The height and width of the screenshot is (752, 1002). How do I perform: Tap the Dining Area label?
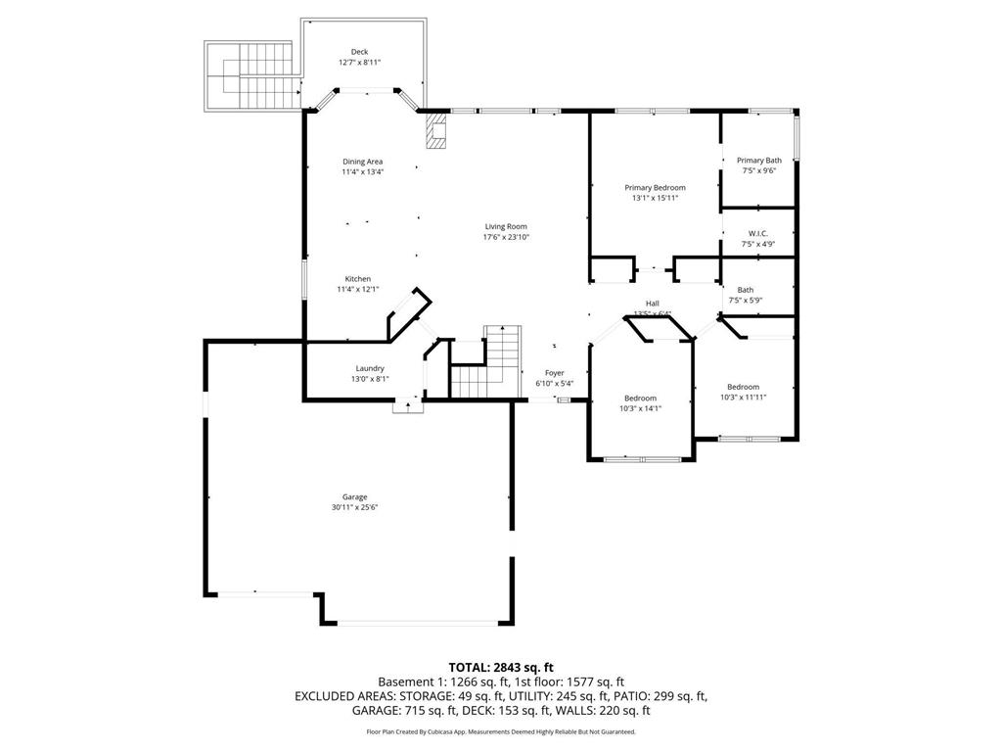362,162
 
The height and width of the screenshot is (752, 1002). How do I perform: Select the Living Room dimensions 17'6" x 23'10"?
505,237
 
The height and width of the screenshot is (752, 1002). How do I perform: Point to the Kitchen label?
357,279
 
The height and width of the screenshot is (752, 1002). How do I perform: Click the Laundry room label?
370,368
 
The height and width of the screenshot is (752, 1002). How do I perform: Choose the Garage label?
354,496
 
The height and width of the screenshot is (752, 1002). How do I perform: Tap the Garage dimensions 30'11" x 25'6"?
354,507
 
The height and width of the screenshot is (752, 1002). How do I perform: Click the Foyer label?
554,373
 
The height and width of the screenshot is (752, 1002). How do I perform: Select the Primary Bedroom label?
655,187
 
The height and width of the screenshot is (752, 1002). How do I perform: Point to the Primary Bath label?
759,161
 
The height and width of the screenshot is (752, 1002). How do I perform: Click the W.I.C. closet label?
758,233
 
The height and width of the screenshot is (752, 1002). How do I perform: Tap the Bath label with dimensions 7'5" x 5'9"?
746,290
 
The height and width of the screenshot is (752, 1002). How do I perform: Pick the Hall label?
652,304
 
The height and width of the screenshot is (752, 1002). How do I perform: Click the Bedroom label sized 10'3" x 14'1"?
641,398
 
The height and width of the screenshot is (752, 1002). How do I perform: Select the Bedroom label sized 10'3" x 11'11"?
743,387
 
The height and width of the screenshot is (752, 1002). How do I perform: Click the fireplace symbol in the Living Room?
436,130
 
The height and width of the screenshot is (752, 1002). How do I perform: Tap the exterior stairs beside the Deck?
250,76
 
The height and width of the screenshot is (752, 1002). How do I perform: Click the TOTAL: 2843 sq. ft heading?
501,668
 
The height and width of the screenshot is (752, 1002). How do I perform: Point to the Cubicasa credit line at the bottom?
501,731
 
